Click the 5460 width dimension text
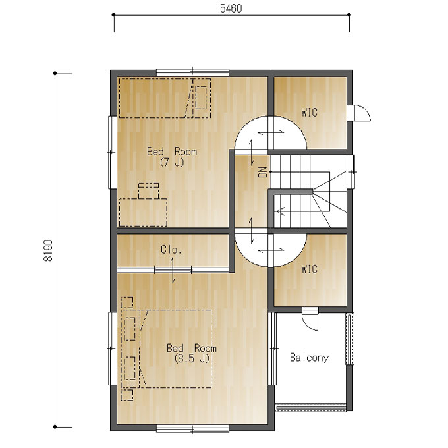pos(231,9)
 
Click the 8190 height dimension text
pos(48,250)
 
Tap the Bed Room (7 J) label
pos(172,157)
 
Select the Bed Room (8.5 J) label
pos(192,353)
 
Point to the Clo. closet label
pos(171,250)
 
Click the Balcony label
pos(309,358)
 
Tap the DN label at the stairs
pos(263,172)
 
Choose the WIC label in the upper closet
pos(309,112)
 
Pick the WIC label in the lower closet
pos(309,269)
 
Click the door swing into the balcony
pos(310,319)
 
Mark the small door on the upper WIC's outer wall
pos(359,113)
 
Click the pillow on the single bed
pos(200,98)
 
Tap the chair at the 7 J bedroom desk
pos(149,191)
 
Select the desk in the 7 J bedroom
pos(143,213)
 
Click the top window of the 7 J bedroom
pos(192,72)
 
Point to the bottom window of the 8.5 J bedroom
pos(192,429)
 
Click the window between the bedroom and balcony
pos(273,349)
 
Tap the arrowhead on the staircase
pos(281,211)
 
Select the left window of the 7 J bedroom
pos(113,152)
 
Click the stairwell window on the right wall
pos(351,172)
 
